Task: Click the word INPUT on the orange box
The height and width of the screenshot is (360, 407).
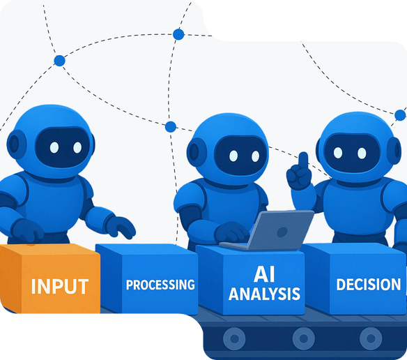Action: [x=60, y=287]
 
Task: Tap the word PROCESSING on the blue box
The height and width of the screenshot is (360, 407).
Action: [x=160, y=285]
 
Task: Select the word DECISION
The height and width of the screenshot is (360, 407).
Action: [x=369, y=285]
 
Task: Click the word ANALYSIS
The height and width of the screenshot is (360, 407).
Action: [x=264, y=294]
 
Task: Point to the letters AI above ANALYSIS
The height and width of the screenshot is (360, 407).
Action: [x=264, y=274]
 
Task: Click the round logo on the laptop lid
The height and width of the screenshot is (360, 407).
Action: [x=282, y=232]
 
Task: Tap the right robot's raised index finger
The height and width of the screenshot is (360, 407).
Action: [x=303, y=162]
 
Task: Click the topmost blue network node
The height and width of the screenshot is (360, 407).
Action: [x=178, y=34]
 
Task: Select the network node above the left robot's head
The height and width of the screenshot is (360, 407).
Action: [x=59, y=61]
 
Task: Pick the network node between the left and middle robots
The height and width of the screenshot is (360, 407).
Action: [x=171, y=127]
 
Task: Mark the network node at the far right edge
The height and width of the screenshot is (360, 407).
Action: [x=400, y=115]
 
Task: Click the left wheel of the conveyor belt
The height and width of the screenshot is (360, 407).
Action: [x=234, y=338]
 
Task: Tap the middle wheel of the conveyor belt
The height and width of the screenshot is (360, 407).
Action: [x=303, y=338]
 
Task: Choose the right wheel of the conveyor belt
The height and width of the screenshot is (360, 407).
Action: [x=371, y=338]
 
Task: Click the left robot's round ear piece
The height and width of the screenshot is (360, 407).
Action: [x=16, y=144]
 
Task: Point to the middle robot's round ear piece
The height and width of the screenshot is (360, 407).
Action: [x=196, y=152]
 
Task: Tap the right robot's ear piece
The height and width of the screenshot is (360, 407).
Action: [x=394, y=150]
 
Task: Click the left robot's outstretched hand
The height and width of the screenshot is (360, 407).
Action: [x=120, y=227]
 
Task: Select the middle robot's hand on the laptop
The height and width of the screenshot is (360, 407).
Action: [x=231, y=232]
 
